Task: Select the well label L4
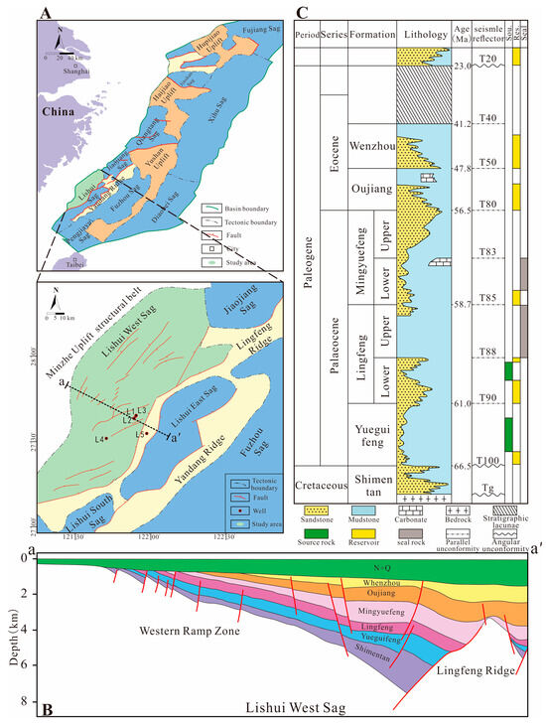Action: (99, 439)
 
